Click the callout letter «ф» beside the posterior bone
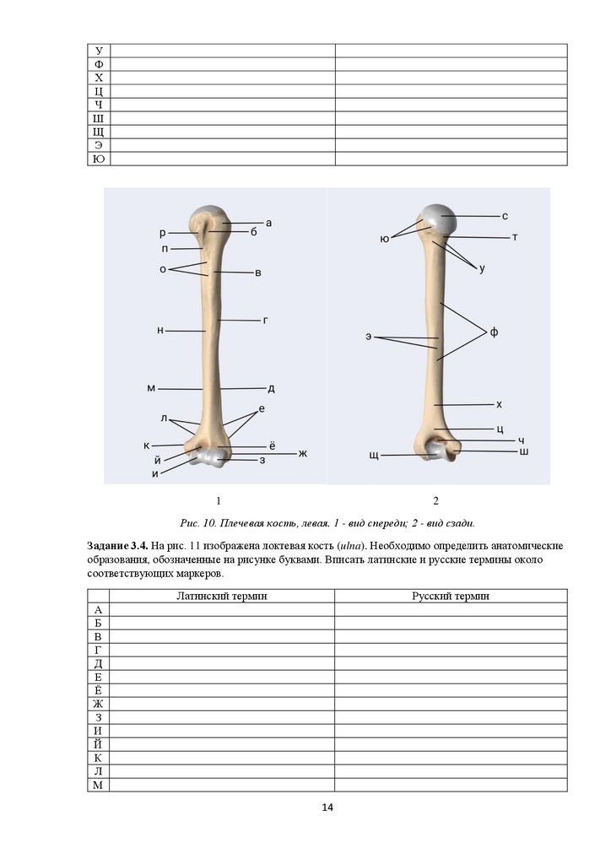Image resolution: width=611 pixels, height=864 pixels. (494, 332)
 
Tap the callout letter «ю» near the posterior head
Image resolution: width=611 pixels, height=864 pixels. (385, 240)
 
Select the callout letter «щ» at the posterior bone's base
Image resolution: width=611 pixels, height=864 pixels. (373, 456)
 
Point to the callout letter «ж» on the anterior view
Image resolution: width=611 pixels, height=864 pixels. (302, 454)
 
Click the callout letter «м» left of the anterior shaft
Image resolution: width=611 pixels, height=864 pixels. (151, 388)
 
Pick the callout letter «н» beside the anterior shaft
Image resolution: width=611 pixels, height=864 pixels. (160, 331)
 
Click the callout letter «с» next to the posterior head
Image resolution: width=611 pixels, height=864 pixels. (505, 216)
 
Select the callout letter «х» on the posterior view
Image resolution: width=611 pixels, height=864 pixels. (499, 404)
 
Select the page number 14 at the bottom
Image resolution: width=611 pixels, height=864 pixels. (327, 808)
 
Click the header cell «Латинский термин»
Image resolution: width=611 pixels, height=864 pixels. (222, 596)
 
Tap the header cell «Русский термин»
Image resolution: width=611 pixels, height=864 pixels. (451, 596)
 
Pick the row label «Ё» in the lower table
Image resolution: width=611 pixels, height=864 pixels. (99, 690)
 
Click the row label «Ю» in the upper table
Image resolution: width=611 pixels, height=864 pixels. (99, 159)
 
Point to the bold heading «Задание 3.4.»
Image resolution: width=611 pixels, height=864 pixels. (118, 546)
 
